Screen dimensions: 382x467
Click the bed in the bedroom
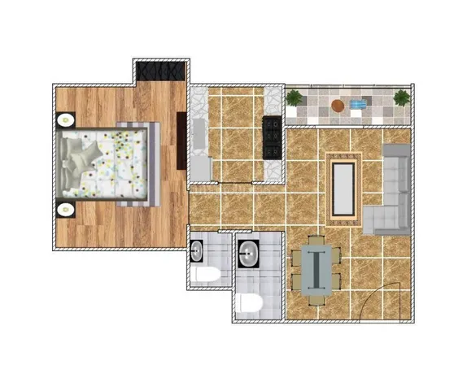tap(106, 163)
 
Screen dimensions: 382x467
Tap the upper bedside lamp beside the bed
tap(65, 120)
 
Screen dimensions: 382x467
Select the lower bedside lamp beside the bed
tap(65, 210)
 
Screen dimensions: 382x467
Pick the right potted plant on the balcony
tap(401, 98)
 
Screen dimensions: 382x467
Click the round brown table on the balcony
tap(338, 106)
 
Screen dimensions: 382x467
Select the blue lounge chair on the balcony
tap(360, 104)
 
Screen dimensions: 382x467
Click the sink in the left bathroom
tap(198, 251)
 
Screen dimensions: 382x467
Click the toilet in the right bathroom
tap(249, 304)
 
